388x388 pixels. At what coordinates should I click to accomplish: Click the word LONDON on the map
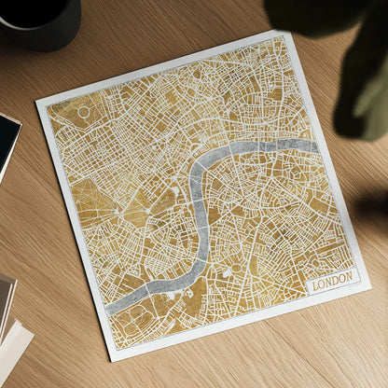coord(332,280)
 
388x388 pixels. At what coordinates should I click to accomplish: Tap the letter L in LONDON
coord(316,283)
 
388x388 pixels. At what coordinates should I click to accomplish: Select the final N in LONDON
coord(349,277)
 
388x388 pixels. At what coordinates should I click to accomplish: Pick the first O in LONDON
coord(322,282)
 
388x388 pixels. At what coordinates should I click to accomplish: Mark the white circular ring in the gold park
coord(84,112)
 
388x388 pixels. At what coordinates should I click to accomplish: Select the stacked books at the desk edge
coord(11,326)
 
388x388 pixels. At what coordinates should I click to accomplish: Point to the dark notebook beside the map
coord(7,140)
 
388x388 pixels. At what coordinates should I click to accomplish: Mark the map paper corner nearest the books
coord(110,360)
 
